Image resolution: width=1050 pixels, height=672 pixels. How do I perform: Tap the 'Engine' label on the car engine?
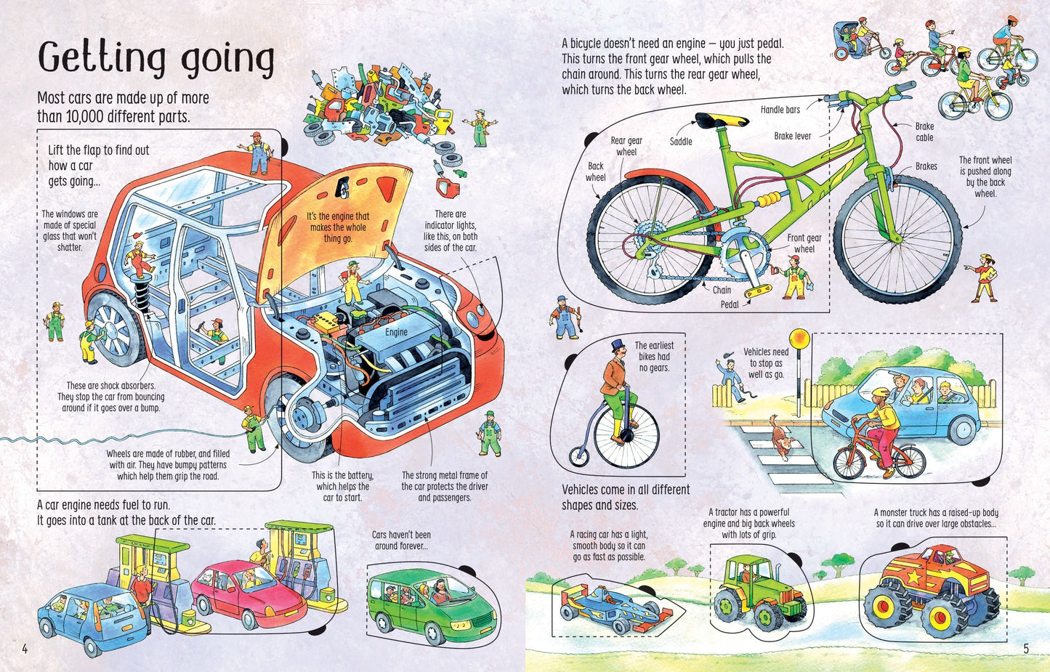[x=396, y=332]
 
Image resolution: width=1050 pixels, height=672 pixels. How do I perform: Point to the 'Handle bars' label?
[x=780, y=110]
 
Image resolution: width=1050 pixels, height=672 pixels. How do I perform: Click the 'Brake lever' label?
[x=792, y=136]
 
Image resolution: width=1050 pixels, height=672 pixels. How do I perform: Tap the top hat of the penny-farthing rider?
[x=618, y=345]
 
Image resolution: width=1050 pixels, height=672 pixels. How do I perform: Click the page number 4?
[x=25, y=649]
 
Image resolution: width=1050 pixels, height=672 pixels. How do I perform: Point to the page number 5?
[x=1026, y=649]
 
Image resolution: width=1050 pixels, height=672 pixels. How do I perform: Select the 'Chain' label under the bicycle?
[x=722, y=290]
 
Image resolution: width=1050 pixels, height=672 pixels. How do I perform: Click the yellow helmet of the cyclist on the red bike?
[x=880, y=393]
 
